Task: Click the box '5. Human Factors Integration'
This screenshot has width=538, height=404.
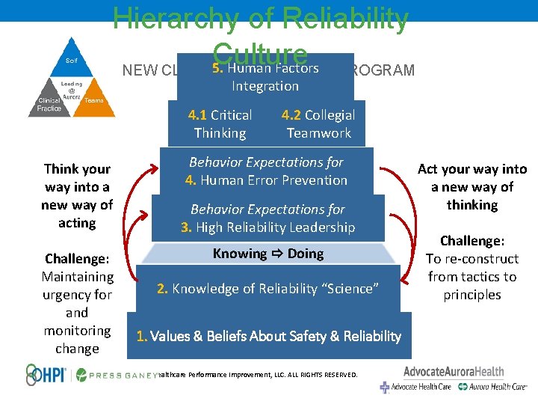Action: click(x=265, y=77)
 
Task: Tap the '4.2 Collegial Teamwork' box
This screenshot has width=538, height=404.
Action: click(x=318, y=124)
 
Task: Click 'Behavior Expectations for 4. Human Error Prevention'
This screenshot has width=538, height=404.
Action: click(x=268, y=171)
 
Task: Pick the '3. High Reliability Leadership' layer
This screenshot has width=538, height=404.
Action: click(x=268, y=218)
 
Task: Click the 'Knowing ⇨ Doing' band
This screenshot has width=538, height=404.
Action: click(x=268, y=254)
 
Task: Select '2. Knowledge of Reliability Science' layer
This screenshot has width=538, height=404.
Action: click(x=268, y=289)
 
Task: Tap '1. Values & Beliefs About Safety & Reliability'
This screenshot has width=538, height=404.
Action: click(x=269, y=336)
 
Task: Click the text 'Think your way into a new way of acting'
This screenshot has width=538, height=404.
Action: click(x=77, y=196)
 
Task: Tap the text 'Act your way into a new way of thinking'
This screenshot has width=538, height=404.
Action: click(x=471, y=187)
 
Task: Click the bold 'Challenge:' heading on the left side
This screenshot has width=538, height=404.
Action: click(x=77, y=259)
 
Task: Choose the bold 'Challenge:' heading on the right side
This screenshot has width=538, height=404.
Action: click(x=471, y=241)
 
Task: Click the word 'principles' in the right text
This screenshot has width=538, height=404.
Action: click(x=471, y=295)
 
